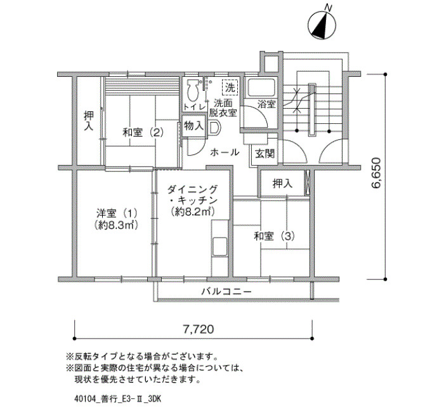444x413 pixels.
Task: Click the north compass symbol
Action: coord(322,24)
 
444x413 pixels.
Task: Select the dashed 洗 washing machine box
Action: coord(230,87)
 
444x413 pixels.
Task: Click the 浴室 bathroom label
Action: coord(266,104)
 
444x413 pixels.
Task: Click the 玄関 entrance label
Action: coord(264,154)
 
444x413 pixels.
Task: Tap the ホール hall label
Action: coord(225,152)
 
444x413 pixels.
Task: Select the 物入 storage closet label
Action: coord(193,125)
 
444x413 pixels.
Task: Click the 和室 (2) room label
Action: coord(143,132)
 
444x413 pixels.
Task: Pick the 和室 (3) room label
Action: coord(274,236)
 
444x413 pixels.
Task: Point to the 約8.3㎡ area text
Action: coord(116,225)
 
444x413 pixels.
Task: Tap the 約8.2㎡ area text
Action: coord(193,212)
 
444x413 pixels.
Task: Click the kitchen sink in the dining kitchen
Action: coord(219,247)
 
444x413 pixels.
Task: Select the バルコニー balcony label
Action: coord(226,291)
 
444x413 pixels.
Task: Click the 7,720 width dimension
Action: coord(198,329)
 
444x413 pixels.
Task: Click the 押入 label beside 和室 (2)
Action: coord(89,121)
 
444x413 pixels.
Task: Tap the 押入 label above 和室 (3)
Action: coord(282,184)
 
